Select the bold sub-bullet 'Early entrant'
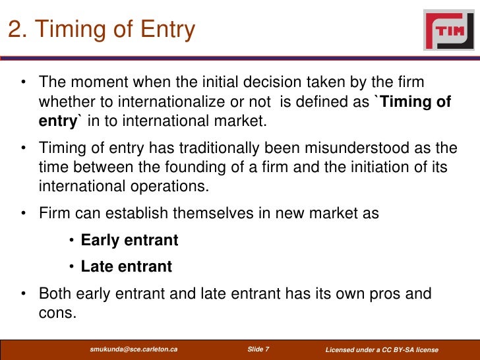pos(129,241)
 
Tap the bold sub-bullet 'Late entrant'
pos(126,266)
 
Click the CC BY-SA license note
pos(382,349)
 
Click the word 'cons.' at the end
pos(57,312)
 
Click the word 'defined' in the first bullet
pos(316,102)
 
